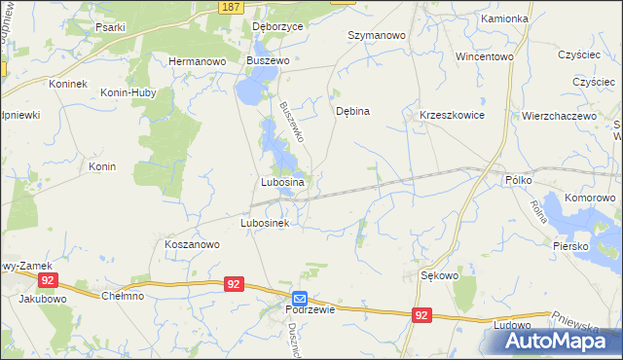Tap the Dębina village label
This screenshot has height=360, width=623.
pos(352,111)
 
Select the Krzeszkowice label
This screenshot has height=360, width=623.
pos(452,115)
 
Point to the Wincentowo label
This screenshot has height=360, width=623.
pos(484,56)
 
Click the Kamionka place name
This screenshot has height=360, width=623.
pos(504,18)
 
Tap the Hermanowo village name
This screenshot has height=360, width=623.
pos(198,60)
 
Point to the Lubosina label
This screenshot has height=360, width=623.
pos(283,182)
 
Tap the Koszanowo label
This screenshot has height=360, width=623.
pos(192,245)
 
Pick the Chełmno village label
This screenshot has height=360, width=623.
pos(124,296)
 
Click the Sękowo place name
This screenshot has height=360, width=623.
pos(439,275)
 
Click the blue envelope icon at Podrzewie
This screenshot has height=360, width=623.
pos(300,298)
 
